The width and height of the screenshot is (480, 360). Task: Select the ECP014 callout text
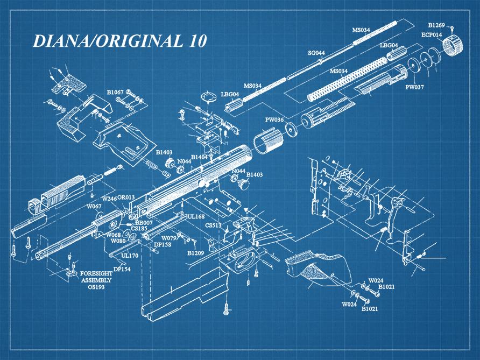point(432,34)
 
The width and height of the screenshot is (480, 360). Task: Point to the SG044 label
point(316,53)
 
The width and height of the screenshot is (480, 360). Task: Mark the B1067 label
point(115,93)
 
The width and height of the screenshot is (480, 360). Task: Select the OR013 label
point(126,198)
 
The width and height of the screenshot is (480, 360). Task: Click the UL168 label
point(196,216)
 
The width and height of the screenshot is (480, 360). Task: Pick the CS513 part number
point(213,225)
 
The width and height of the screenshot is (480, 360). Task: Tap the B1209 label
point(196,252)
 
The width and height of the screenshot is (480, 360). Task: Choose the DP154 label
point(122,269)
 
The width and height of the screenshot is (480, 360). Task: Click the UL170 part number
point(130,255)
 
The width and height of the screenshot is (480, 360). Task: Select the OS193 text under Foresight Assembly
point(97,287)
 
